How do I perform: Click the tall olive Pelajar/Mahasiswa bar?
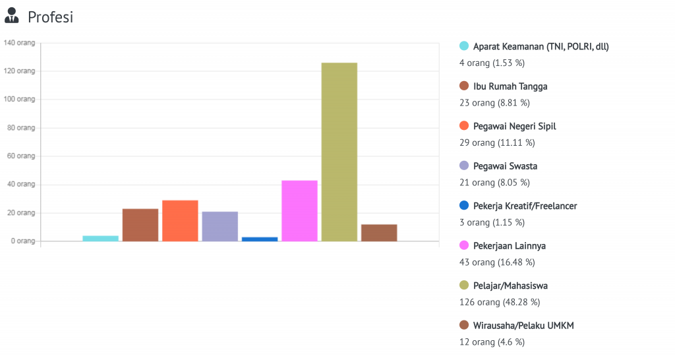pyautogui.click(x=339, y=152)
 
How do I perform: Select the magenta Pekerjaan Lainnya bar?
pyautogui.click(x=299, y=210)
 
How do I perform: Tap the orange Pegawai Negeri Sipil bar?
pyautogui.click(x=180, y=220)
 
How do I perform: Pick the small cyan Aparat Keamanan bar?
pyautogui.click(x=101, y=238)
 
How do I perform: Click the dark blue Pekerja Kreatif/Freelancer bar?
pyautogui.click(x=260, y=239)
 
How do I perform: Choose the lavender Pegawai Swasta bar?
pyautogui.click(x=220, y=226)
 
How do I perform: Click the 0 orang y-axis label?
pyautogui.click(x=22, y=241)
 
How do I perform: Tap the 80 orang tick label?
pyautogui.click(x=21, y=128)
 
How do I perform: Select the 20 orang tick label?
pyautogui.click(x=21, y=213)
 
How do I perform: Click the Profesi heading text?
pyautogui.click(x=50, y=17)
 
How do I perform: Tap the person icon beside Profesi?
pyautogui.click(x=12, y=17)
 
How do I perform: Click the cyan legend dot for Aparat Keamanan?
pyautogui.click(x=464, y=46)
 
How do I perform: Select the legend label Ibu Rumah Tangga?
pyautogui.click(x=510, y=86)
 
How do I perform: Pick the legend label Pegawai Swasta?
pyautogui.click(x=505, y=166)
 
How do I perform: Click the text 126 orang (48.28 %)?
pyautogui.click(x=499, y=302)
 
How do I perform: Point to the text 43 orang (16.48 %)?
pyautogui.click(x=496, y=262)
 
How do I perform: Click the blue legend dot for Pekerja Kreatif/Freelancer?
pyautogui.click(x=464, y=206)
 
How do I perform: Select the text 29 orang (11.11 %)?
pyautogui.click(x=496, y=142)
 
